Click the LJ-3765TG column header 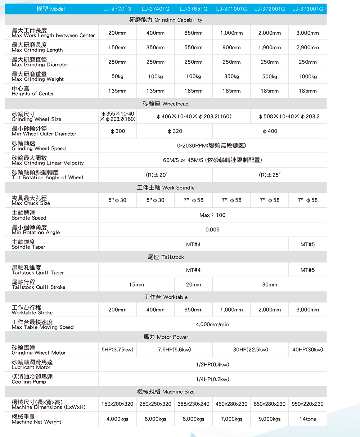pos(193,9)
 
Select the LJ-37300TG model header pos(307,9)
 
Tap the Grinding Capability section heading pos(166,20)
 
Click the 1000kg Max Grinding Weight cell pos(307,76)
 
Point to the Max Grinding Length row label pos(37,47)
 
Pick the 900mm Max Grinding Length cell pos(231,48)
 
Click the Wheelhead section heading pos(166,104)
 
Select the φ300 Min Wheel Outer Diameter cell pos(117,131)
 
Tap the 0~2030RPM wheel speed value pos(212,145)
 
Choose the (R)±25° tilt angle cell pos(269,175)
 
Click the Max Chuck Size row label pos(31,201)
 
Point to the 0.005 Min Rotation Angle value pos(212,230)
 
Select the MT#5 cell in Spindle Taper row pos(307,244)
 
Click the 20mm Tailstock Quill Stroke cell pos(193,284)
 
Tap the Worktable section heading pos(166,297)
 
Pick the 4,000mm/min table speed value pos(212,324)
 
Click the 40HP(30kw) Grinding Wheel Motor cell pos(307,350)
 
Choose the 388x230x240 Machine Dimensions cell pos(193,404)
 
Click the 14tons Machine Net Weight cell pos(307,419)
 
